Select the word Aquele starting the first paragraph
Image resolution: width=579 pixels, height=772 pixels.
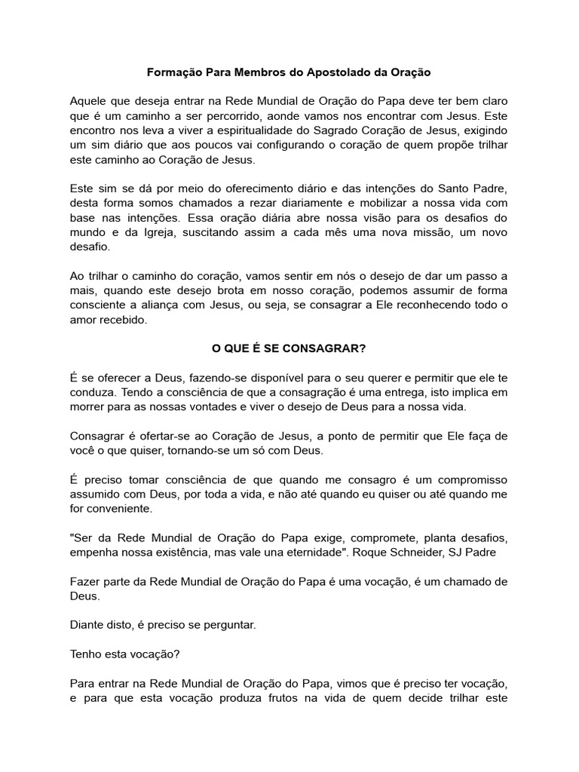pyautogui.click(x=88, y=102)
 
